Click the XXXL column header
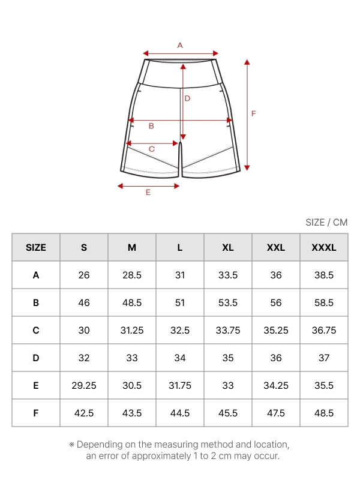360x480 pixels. (324, 247)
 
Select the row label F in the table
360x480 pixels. (36, 413)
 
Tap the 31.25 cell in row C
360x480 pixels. (132, 331)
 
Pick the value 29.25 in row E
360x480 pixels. (84, 385)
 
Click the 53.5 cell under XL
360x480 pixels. (228, 303)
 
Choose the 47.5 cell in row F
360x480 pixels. (276, 413)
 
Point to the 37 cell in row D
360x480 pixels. (324, 358)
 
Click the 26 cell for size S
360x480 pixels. (84, 275)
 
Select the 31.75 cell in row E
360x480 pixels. (180, 385)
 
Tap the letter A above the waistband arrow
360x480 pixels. (180, 46)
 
